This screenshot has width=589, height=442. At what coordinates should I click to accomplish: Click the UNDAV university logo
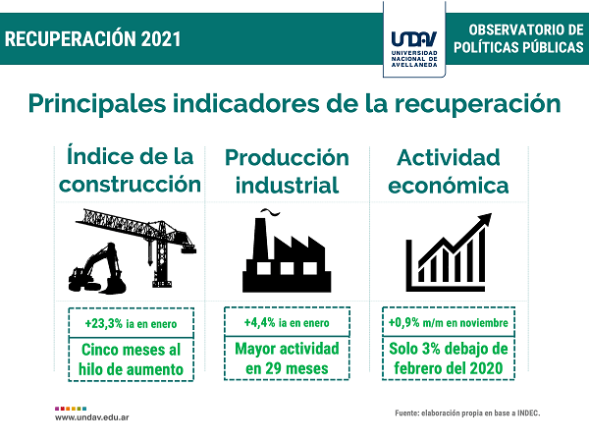414,49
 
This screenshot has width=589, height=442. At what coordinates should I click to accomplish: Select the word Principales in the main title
97,104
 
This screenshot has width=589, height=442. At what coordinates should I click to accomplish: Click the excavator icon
97,269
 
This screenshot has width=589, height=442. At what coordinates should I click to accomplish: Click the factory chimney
259,239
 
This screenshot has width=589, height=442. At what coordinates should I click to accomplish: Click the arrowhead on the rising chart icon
485,219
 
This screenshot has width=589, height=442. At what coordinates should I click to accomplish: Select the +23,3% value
104,323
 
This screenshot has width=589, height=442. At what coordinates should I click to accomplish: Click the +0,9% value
403,322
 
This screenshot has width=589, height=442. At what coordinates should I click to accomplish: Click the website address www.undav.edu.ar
92,417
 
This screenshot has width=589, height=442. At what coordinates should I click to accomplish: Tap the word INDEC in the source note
528,414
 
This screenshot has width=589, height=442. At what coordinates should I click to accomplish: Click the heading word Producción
287,158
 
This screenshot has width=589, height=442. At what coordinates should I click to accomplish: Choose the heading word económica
449,186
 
